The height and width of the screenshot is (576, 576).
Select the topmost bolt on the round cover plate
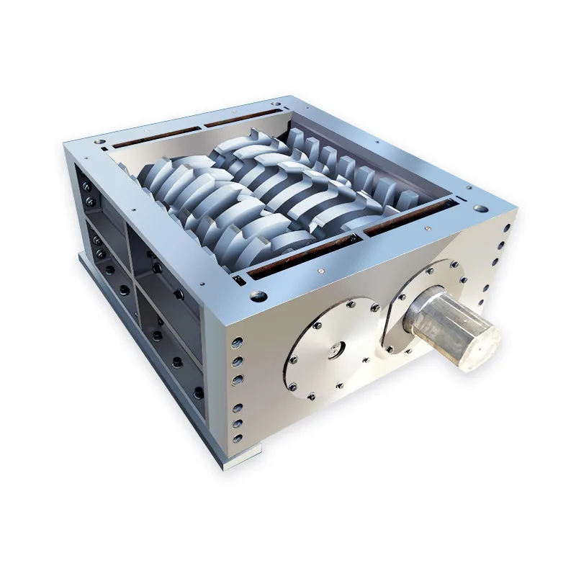coord(348,304)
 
